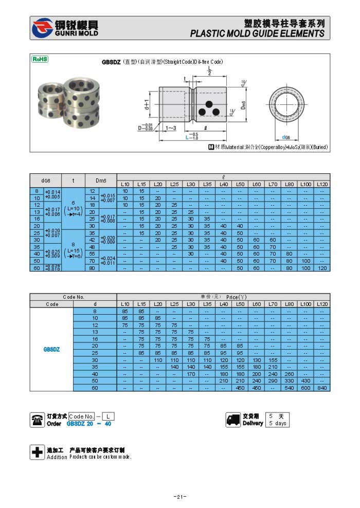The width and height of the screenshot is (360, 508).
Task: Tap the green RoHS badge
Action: point(40,59)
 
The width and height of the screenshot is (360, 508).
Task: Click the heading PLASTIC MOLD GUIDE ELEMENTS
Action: point(257,33)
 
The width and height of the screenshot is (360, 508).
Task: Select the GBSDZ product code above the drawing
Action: point(111,62)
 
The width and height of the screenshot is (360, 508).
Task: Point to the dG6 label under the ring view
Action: point(286,137)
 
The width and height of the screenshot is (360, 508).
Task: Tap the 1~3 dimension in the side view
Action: point(170,127)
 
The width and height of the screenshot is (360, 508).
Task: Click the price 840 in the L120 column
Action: point(322,388)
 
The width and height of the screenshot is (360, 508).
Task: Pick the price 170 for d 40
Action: point(191,374)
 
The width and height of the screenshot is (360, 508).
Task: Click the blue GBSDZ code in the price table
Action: point(51,349)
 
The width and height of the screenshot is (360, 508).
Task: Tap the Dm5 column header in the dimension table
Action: point(100,180)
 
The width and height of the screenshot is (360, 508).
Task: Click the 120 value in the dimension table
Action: point(322,268)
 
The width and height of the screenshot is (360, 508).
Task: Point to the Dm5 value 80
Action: point(93,268)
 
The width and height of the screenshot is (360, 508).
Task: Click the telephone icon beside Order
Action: point(38,420)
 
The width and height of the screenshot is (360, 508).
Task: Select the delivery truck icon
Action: point(233,420)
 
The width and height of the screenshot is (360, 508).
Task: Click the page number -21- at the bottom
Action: point(179,497)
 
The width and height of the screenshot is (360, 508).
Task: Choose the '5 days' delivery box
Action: point(277,423)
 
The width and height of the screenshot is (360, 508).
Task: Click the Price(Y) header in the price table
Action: point(237,297)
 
